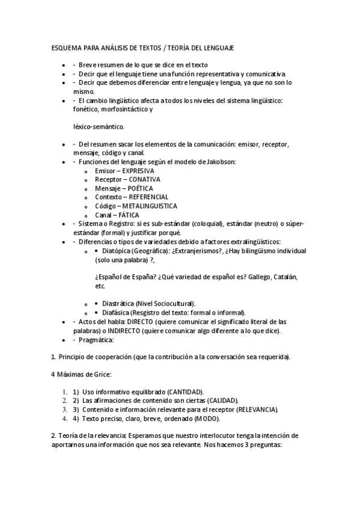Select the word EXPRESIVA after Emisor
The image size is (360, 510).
tap(135, 171)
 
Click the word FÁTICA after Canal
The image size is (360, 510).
tap(129, 215)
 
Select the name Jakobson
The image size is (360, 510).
tap(220, 162)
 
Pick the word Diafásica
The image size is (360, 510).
tap(117, 313)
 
